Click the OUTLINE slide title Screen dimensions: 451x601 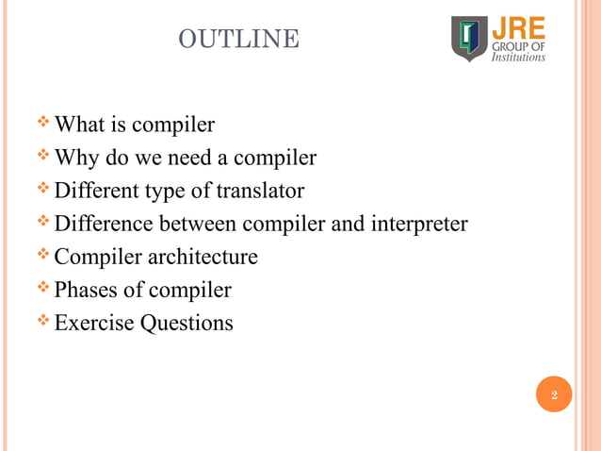click(238, 40)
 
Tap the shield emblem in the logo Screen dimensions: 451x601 click(469, 39)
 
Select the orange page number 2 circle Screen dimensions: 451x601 click(554, 395)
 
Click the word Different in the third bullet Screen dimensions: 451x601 click(94, 191)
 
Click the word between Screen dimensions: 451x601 click(193, 224)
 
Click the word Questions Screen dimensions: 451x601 click(187, 324)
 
